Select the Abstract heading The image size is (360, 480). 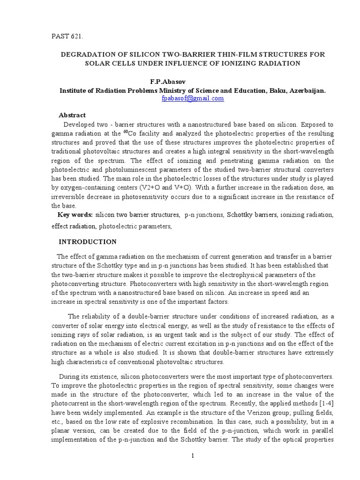[x=72, y=115]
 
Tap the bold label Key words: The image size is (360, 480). [x=75, y=215]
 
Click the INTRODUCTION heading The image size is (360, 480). [x=88, y=242]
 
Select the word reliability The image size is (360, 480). [x=99, y=316]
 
